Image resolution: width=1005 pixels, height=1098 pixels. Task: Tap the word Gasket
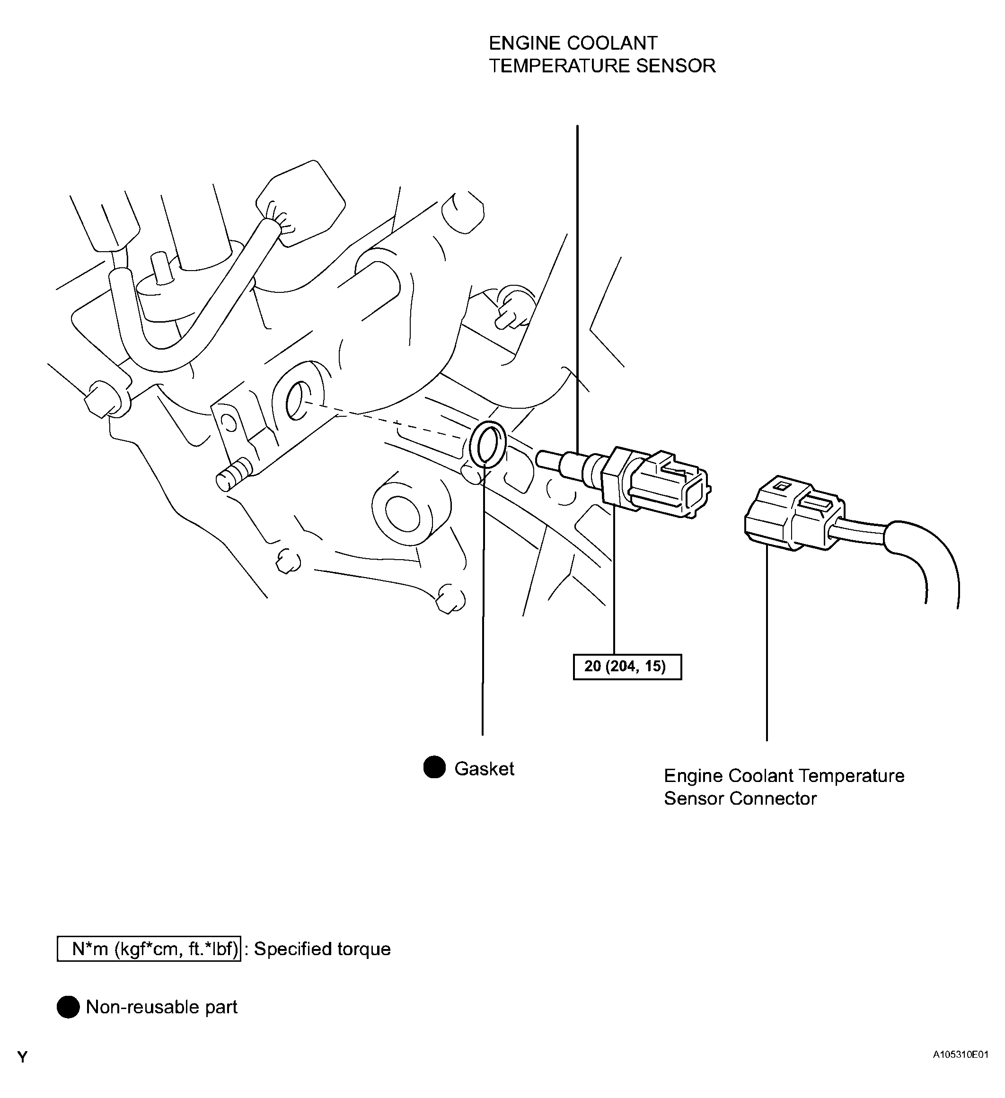484,768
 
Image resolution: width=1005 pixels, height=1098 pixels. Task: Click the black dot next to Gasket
434,767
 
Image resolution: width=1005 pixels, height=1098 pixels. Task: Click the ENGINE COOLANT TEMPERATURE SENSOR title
601,54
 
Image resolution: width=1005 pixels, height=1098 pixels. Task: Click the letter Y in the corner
22,1072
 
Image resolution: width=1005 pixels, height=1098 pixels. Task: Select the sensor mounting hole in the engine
296,401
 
